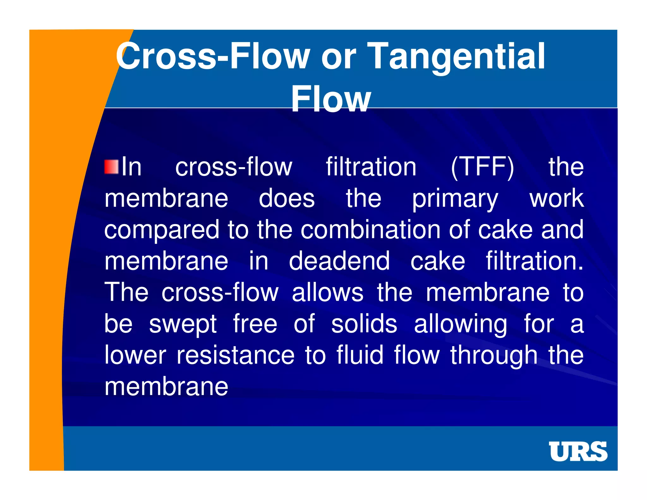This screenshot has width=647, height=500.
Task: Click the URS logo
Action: pos(578,451)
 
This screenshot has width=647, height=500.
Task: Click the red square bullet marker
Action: pos(111,167)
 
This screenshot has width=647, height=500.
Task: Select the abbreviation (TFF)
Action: pos(482,168)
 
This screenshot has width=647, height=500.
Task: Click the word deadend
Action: pos(339,261)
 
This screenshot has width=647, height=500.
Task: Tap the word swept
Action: pos(183,325)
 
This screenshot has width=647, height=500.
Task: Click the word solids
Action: pos(364,324)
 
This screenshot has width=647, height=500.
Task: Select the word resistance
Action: pos(235,355)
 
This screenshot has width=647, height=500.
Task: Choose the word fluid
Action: pos(360,355)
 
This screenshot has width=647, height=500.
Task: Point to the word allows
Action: pos(327,293)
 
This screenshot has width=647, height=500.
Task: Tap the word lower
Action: pos(135,355)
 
